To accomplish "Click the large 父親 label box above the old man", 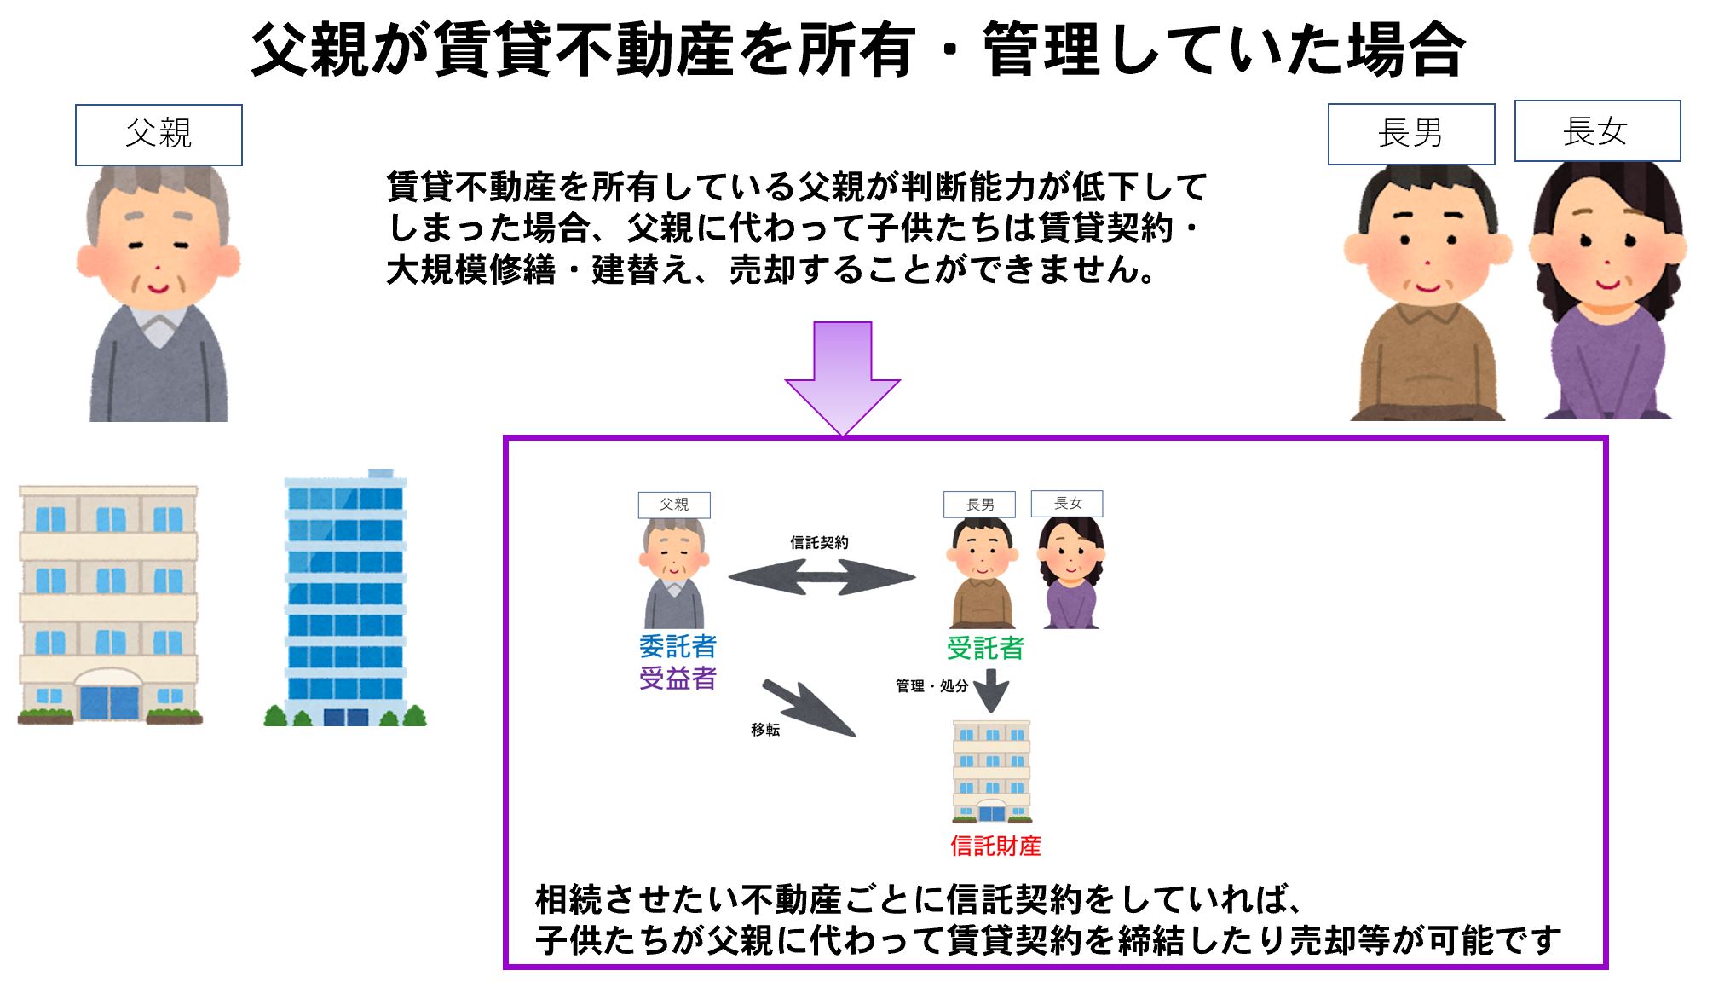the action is (159, 135).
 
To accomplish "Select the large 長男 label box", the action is (1411, 134).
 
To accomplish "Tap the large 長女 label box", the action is (1597, 130).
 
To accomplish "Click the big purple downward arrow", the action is (842, 378).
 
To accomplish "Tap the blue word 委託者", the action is (678, 647).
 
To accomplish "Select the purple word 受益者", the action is (678, 679).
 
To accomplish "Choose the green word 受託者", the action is (985, 648).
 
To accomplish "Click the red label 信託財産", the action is (995, 846).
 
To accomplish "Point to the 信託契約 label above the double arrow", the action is (819, 542).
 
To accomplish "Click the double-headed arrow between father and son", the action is (822, 578).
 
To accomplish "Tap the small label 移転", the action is (765, 730).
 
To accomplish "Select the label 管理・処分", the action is (931, 685).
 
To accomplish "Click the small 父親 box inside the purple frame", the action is (674, 505).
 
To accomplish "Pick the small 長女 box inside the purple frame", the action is (1067, 503).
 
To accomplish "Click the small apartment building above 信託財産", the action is (991, 771).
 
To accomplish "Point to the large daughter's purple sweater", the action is (1607, 362).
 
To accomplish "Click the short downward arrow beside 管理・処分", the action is (991, 690).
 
